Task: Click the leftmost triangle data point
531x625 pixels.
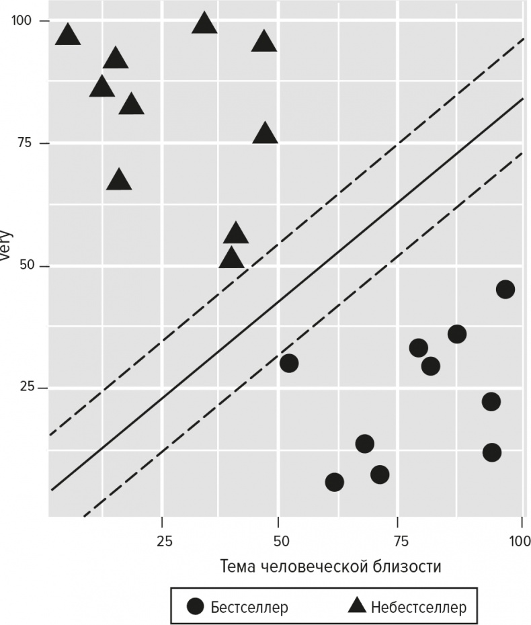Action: [x=67, y=35]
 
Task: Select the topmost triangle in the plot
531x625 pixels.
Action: [x=204, y=24]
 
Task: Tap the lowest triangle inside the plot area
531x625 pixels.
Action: [x=231, y=259]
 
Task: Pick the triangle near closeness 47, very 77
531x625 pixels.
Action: [x=265, y=134]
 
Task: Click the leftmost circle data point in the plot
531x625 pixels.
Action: [x=289, y=363]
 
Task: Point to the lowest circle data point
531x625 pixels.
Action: [x=334, y=482]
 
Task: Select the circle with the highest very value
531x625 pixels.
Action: [x=505, y=289]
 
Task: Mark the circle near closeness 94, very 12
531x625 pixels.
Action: [x=492, y=452]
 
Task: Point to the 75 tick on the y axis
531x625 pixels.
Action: [x=25, y=143]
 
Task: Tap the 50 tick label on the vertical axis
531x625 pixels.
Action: [x=25, y=266]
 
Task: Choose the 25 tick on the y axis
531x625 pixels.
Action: [x=25, y=388]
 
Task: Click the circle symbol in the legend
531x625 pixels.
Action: [x=196, y=607]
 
